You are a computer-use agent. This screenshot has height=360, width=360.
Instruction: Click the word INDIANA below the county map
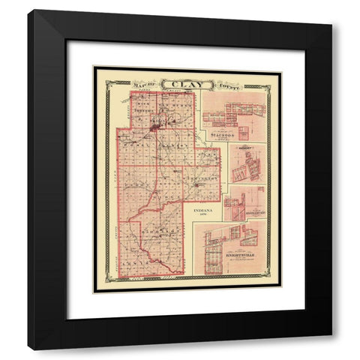pos(202,211)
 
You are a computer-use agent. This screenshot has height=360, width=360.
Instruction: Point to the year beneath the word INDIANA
pos(202,217)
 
